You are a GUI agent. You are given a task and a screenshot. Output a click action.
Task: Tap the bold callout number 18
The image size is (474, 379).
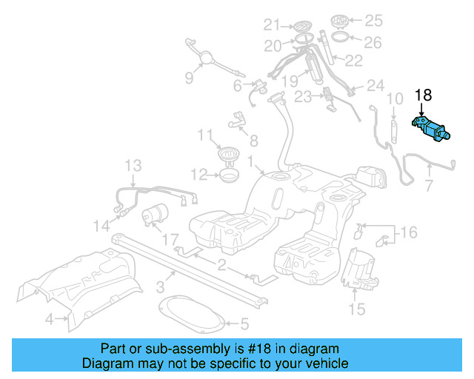point(423,95)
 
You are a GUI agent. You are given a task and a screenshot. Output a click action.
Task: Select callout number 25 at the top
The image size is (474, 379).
point(374,20)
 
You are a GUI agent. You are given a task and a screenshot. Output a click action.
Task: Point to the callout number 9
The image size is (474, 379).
point(189,78)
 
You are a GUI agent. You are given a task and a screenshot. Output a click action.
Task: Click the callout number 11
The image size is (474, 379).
point(205,134)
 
